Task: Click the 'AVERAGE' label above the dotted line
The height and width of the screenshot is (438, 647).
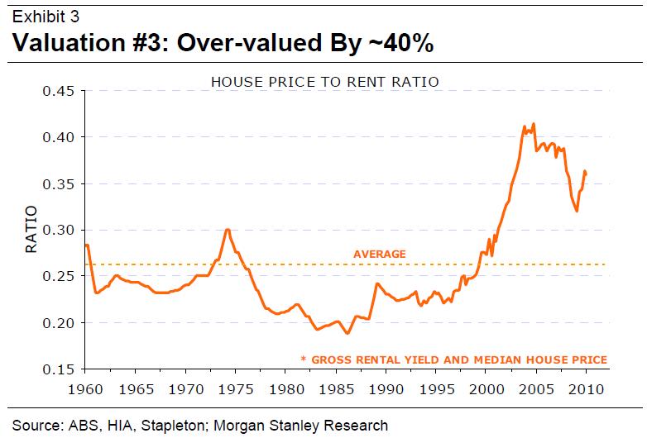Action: pyautogui.click(x=379, y=254)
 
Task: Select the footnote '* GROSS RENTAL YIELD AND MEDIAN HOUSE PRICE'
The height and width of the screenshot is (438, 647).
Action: pyautogui.click(x=453, y=359)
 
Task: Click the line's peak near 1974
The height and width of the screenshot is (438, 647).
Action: pyautogui.click(x=227, y=230)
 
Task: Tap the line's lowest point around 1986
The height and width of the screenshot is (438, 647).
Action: pyautogui.click(x=347, y=333)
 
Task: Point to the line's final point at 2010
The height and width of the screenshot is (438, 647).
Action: pyautogui.click(x=587, y=173)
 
